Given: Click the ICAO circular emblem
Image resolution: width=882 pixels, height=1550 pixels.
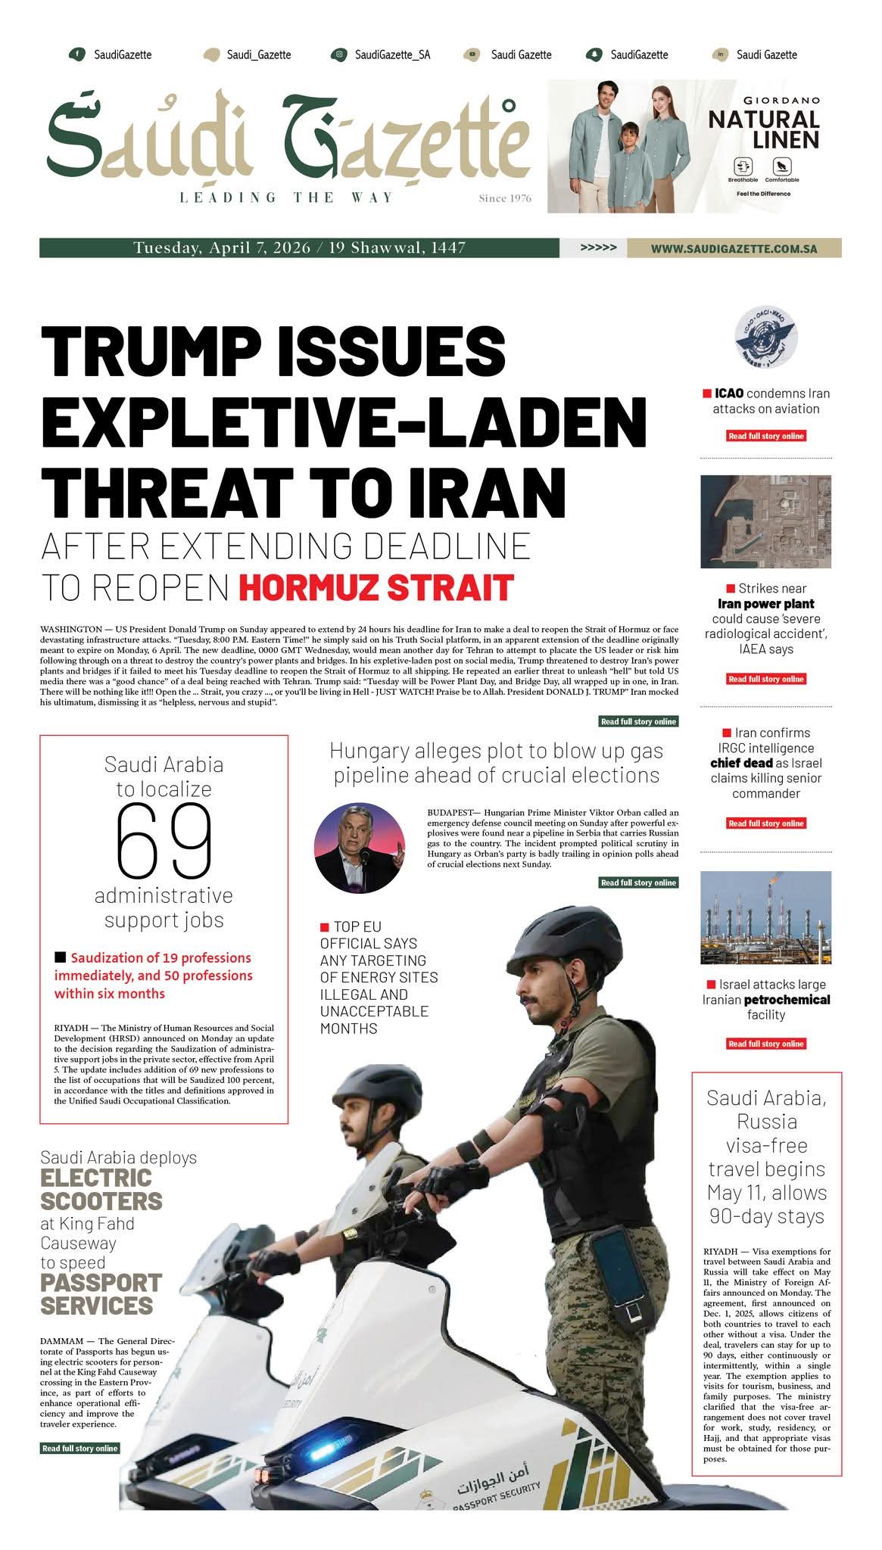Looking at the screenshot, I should [x=766, y=338].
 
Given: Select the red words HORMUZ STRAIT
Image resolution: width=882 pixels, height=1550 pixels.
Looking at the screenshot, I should [x=376, y=588].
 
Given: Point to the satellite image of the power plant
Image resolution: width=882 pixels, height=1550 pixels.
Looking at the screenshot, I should [x=765, y=521].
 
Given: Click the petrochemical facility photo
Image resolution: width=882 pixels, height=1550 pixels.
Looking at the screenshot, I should [x=765, y=917].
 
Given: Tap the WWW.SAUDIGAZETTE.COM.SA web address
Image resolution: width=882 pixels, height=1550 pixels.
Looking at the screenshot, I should [x=734, y=248].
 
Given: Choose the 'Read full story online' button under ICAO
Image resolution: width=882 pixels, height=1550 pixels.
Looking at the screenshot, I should [x=765, y=436].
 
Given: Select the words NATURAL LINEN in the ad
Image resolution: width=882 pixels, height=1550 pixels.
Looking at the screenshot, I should [x=763, y=129].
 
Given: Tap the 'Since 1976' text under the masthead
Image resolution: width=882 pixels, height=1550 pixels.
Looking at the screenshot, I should [x=505, y=198].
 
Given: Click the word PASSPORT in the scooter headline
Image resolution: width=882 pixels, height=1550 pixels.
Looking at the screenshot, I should [x=101, y=1283].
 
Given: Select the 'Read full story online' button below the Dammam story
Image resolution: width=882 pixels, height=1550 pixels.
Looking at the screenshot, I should [x=79, y=1449].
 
